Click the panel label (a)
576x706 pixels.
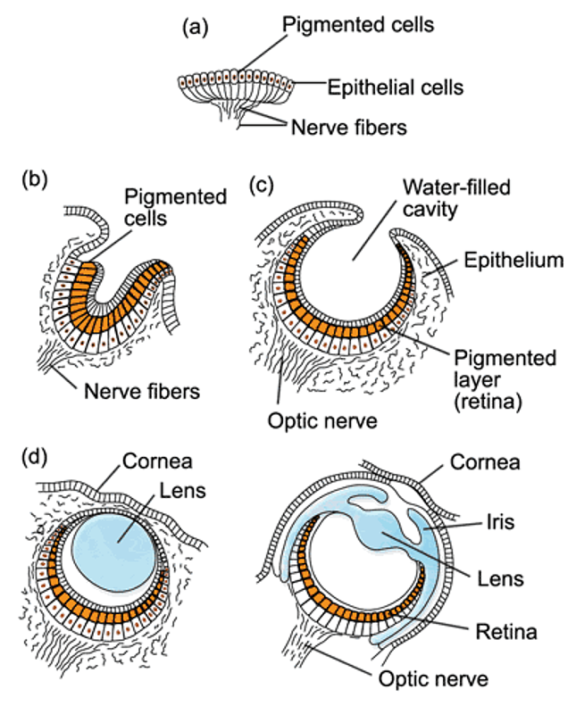click(195, 28)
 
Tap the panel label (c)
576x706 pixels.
click(259, 185)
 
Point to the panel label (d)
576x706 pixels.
click(34, 461)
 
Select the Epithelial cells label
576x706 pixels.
click(396, 87)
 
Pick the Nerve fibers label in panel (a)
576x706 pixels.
click(349, 128)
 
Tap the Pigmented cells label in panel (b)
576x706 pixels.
click(174, 207)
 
